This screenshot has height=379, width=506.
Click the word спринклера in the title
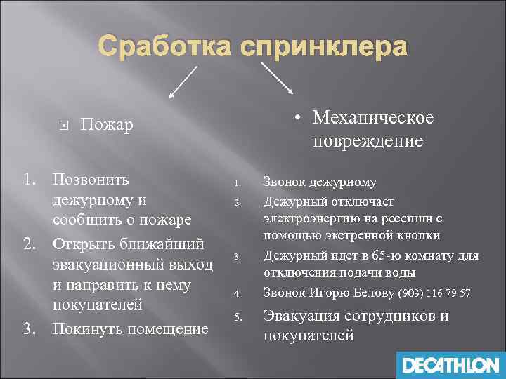[323, 47]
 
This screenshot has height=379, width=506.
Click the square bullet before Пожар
[63, 126]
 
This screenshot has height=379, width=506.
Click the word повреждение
[368, 140]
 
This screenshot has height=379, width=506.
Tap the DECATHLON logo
[450, 364]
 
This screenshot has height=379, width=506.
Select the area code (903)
[411, 293]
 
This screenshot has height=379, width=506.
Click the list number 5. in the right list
[238, 318]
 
